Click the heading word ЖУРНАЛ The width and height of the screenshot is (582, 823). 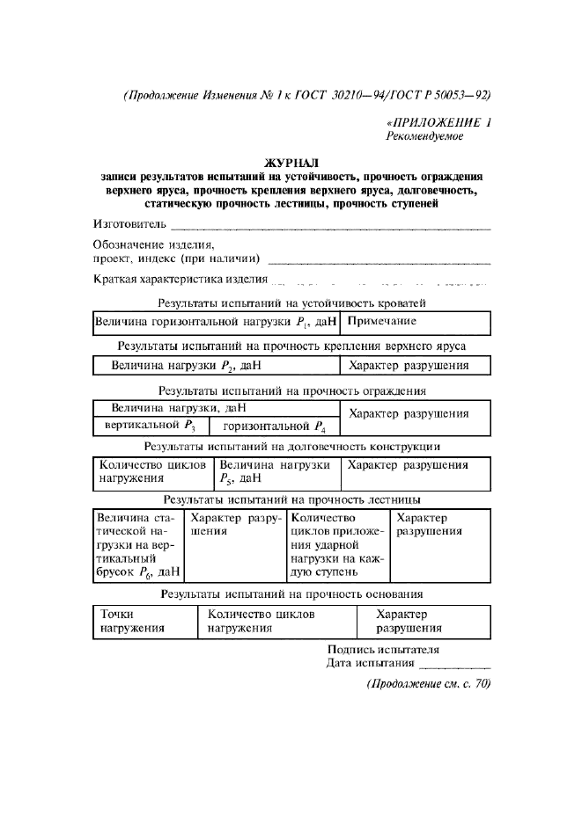[291, 163]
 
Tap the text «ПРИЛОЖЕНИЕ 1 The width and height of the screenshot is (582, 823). [438, 123]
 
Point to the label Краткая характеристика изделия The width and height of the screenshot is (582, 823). [180, 280]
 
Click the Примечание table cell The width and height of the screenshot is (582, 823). [414, 323]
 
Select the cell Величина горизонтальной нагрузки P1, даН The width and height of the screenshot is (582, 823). [216, 323]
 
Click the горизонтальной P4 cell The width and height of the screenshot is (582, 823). [274, 426]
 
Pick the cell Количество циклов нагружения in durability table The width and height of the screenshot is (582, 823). [152, 472]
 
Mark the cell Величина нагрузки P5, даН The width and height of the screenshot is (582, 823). [276, 472]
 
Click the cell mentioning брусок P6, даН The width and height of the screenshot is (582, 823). [137, 545]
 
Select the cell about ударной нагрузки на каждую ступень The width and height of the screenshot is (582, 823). [338, 545]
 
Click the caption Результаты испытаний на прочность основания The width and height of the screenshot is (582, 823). [291, 594]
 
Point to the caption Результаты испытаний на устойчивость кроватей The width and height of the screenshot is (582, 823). [291, 303]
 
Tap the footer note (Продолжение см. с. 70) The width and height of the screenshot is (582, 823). [428, 684]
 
